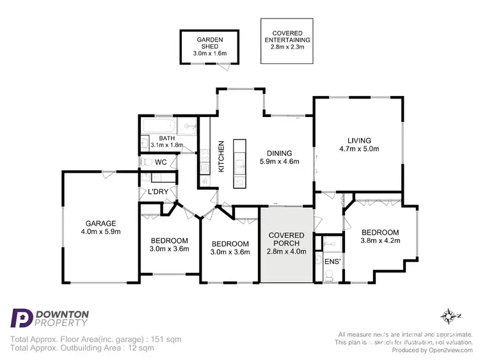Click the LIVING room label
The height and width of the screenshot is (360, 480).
point(359,141)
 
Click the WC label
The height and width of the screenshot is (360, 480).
point(161,162)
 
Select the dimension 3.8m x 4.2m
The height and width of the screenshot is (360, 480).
point(380,241)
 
